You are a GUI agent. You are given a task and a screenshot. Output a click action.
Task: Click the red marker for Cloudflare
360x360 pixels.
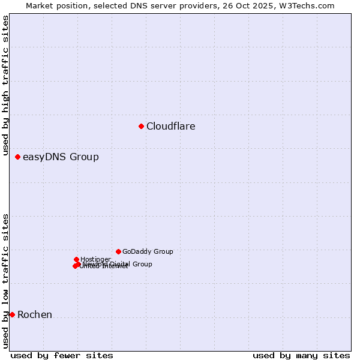tap(141, 126)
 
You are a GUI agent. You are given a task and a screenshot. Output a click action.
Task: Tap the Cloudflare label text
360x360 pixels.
tap(170, 127)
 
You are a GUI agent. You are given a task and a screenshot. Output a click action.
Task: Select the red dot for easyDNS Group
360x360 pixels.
tap(17, 157)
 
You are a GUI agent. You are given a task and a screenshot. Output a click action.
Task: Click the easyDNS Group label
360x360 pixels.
tap(61, 157)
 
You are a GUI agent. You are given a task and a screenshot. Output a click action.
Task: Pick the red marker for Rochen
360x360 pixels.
tap(12, 314)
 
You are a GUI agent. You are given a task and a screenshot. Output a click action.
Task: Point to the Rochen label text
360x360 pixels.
tap(35, 315)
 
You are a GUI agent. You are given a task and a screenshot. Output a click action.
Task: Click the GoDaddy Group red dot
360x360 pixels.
tap(118, 251)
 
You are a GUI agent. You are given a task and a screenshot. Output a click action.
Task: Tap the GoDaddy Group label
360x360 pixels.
tap(148, 252)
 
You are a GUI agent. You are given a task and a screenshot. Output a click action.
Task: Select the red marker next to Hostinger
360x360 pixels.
tap(76, 259)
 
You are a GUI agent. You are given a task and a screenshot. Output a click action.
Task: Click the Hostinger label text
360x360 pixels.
tap(95, 259)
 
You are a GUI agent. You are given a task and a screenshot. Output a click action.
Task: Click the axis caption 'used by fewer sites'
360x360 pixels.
tap(62, 356)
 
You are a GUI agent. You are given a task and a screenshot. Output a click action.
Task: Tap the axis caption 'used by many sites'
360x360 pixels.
tap(301, 356)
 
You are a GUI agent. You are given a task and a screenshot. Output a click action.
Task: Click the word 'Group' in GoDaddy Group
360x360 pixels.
tap(163, 252)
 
